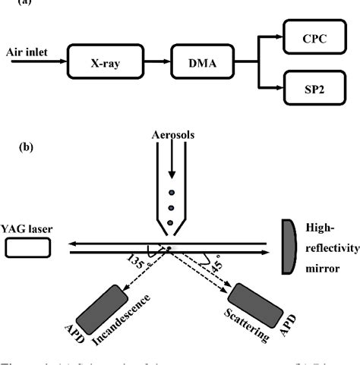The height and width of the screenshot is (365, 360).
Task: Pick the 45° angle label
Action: [x=216, y=266]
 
